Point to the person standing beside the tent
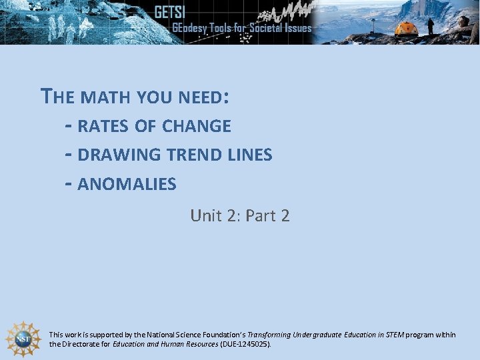[x=431, y=26]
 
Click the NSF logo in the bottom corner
[x=23, y=338]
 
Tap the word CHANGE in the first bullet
[x=197, y=126]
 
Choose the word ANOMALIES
[x=127, y=184]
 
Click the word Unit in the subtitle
[x=205, y=215]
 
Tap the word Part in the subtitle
[x=261, y=215]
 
